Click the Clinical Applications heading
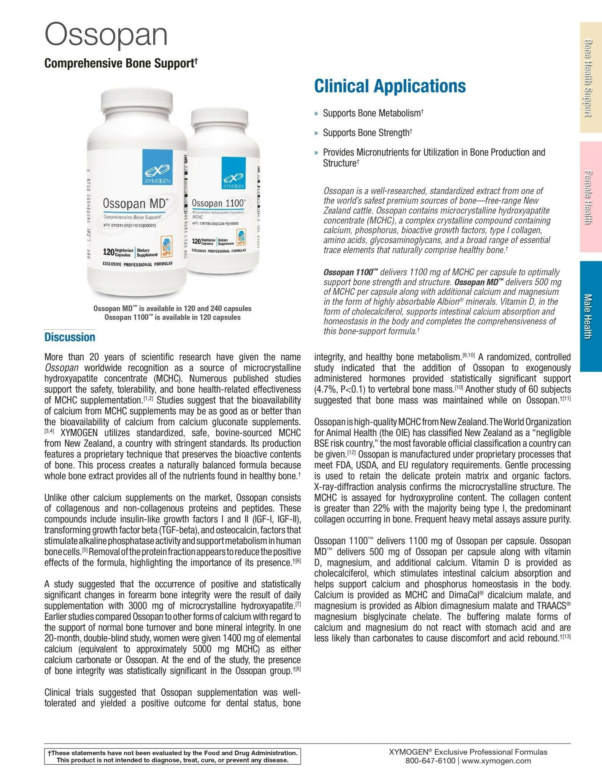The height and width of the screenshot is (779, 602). [x=390, y=86]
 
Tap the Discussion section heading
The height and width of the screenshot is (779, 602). [x=70, y=337]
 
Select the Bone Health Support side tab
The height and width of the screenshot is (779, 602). [x=591, y=78]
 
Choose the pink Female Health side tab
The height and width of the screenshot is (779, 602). [x=591, y=197]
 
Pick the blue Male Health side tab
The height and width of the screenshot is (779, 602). [x=591, y=316]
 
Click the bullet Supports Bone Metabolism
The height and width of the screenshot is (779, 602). [x=373, y=113]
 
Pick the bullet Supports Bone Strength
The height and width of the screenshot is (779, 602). [x=367, y=133]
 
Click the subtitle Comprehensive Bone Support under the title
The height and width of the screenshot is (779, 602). [x=121, y=63]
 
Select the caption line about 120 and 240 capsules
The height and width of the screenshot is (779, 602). [x=172, y=308]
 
